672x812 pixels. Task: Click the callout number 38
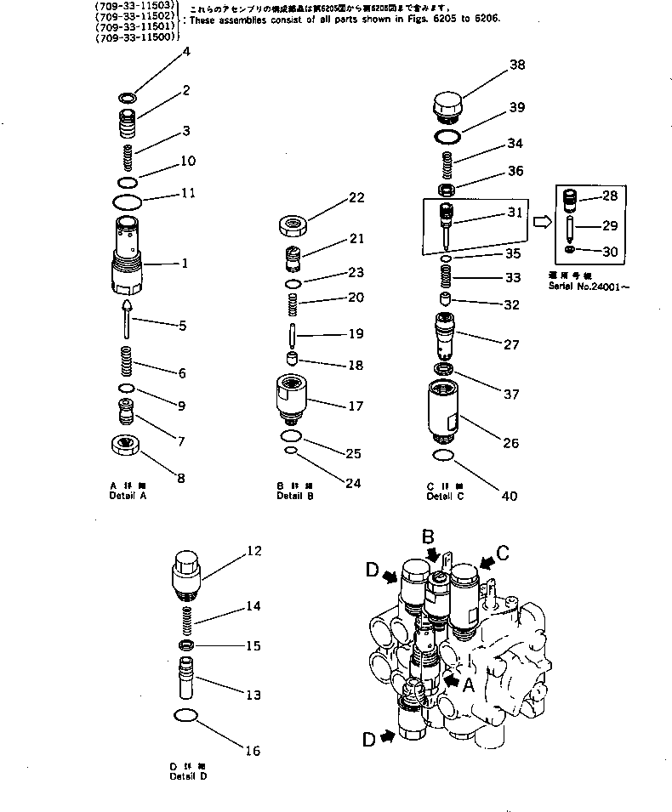point(517,65)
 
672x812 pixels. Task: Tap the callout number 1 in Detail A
point(184,264)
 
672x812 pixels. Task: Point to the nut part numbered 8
point(126,445)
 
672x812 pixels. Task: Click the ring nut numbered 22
point(293,226)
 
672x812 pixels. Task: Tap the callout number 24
point(353,484)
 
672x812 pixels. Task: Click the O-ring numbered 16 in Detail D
point(186,715)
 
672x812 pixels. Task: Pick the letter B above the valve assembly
point(430,537)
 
